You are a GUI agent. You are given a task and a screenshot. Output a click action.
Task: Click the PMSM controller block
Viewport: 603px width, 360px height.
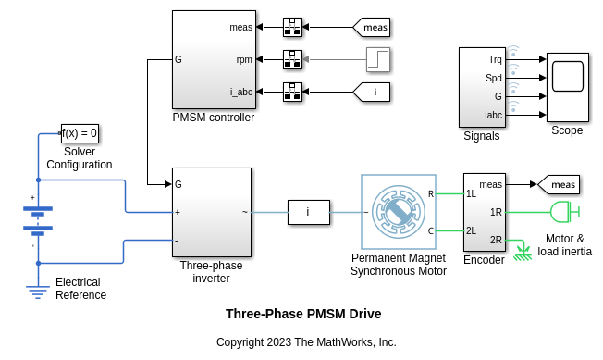click(x=213, y=60)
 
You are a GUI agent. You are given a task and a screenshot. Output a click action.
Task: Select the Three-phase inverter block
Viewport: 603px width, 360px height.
click(x=211, y=212)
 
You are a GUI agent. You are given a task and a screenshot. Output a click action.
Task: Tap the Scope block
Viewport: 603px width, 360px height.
click(x=567, y=87)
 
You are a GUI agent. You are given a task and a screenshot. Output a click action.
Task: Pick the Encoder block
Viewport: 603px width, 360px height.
click(x=484, y=212)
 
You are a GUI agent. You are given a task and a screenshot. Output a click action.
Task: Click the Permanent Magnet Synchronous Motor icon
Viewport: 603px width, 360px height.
click(x=398, y=212)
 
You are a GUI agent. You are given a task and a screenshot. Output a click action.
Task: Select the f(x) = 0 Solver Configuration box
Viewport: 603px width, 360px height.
click(x=80, y=133)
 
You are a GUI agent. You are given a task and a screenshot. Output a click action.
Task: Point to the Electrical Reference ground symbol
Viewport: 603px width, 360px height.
click(x=38, y=292)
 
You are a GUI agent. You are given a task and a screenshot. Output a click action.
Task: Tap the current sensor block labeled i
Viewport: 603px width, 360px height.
click(x=308, y=212)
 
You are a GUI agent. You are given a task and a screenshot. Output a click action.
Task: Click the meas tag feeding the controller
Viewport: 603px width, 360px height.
click(x=372, y=28)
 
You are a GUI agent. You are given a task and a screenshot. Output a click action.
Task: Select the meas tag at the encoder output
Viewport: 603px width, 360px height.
click(x=560, y=185)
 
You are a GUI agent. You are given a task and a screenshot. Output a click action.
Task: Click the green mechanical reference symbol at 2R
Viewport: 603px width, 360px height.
click(x=523, y=250)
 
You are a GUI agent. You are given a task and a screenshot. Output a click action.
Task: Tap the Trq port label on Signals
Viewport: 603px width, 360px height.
click(x=495, y=59)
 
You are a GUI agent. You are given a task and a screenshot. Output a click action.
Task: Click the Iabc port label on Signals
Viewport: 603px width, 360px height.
click(x=493, y=115)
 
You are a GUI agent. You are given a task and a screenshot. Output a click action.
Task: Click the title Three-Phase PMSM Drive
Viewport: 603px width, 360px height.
click(x=303, y=314)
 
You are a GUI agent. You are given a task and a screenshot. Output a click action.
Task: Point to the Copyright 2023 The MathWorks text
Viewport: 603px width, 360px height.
click(x=306, y=342)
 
